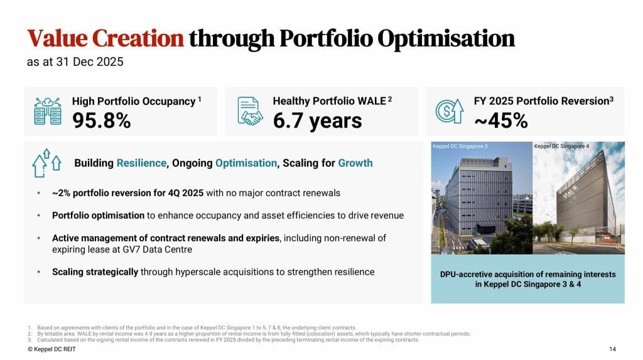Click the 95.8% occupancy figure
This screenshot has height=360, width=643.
click(101, 121)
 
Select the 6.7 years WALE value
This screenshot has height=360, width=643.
click(317, 121)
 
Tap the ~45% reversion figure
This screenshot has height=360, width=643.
click(500, 121)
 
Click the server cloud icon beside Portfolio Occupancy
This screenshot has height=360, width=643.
click(47, 111)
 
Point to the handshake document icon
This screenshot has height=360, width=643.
click(249, 111)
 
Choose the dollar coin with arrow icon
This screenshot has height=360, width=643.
click(450, 111)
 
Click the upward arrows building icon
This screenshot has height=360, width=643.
click(46, 163)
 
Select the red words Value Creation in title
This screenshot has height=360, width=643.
click(105, 38)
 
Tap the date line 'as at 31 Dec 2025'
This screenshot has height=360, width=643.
click(75, 62)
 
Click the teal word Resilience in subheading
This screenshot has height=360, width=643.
click(141, 163)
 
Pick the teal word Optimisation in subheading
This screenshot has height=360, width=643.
click(246, 163)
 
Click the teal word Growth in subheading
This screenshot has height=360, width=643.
click(355, 163)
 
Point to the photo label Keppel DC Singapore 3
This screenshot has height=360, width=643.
click(460, 146)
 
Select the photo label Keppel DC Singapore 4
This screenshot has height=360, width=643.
click(562, 146)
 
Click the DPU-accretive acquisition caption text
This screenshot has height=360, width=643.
click(527, 279)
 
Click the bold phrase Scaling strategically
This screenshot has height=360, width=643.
click(95, 272)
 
